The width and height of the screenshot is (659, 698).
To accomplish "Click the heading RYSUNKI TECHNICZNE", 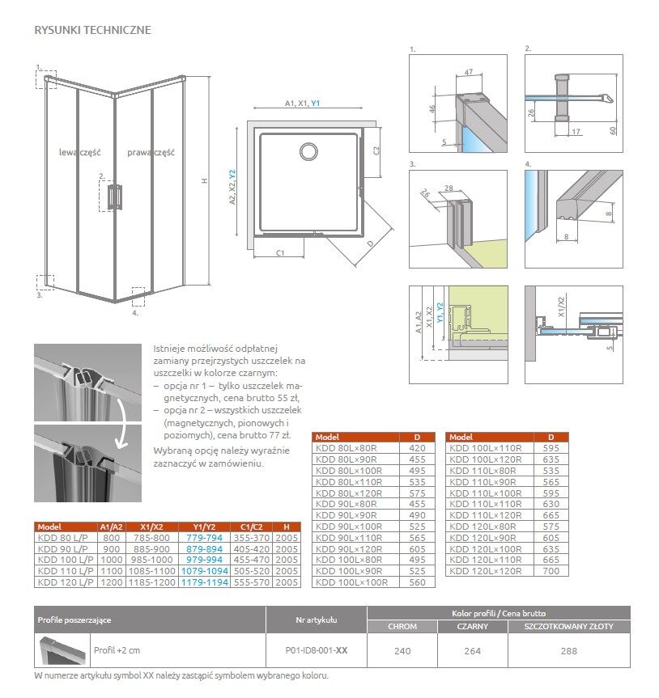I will point(92,31).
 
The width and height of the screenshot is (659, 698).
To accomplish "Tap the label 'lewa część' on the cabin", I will point(78,152).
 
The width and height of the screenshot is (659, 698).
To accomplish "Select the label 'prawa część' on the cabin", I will point(151,152).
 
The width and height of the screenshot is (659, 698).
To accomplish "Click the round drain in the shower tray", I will point(308,150).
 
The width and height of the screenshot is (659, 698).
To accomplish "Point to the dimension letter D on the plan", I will point(370,243).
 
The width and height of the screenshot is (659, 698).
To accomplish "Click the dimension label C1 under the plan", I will point(279,253).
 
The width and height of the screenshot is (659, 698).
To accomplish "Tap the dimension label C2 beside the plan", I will point(376,150).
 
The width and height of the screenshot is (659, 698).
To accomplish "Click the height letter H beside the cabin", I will point(205,182).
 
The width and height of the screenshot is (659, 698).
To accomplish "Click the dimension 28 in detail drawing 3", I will point(452,188).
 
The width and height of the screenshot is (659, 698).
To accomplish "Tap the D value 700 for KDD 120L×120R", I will point(551,571).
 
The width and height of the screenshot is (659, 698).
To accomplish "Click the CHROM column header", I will point(402,627).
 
